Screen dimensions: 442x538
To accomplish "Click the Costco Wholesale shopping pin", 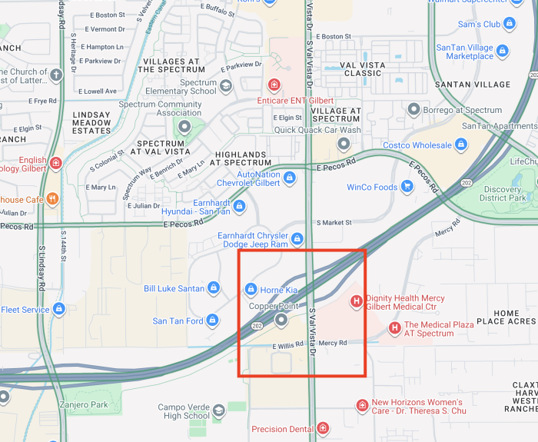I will tap(461, 145).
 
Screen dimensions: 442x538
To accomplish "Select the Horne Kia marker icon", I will tap(250, 289).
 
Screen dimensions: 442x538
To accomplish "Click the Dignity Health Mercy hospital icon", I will tap(356, 301).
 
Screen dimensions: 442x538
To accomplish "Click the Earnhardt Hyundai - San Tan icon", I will tap(239, 206).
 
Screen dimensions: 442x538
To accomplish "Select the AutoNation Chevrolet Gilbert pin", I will tap(290, 178).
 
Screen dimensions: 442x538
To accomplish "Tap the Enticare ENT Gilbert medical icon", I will tap(274, 84).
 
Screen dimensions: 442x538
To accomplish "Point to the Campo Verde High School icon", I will tap(219, 411).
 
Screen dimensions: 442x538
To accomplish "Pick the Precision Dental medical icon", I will tap(323, 428).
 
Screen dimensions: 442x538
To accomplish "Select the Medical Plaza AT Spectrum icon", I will tap(394, 328).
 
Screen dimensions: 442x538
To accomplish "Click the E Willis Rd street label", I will tap(289, 345).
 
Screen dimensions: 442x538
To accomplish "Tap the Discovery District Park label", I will tap(503, 194).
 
